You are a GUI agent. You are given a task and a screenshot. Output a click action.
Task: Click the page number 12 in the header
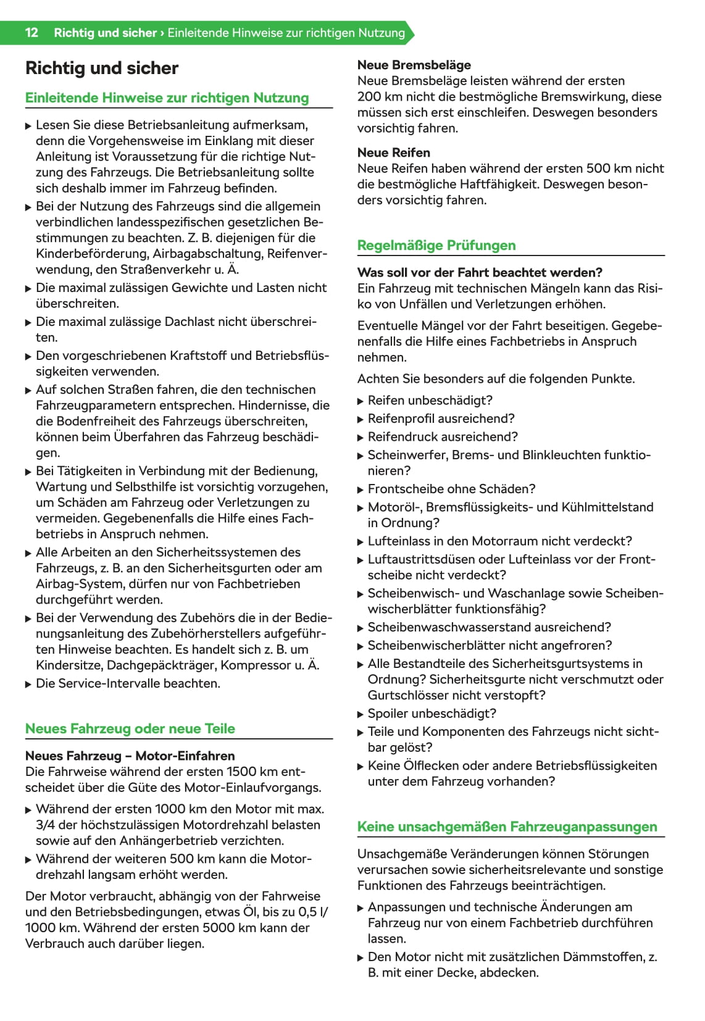(31, 33)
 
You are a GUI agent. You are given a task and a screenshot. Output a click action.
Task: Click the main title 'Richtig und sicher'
(102, 69)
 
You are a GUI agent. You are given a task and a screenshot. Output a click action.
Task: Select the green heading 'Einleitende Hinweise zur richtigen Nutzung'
(167, 98)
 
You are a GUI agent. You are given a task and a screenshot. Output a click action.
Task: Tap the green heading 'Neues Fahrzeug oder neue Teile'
(130, 728)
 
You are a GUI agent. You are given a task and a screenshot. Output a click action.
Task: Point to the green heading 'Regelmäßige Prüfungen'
(436, 245)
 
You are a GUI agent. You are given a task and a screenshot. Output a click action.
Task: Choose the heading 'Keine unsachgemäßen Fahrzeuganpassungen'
(507, 827)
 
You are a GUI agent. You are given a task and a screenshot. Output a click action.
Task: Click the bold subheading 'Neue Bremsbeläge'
(414, 65)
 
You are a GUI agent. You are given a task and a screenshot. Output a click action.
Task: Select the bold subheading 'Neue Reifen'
(394, 152)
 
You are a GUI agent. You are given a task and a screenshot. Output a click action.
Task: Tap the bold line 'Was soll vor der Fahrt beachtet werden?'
(480, 272)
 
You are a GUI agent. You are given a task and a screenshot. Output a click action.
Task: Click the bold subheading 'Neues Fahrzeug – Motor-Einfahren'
(130, 756)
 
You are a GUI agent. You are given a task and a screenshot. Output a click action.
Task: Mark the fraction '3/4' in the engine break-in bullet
(46, 825)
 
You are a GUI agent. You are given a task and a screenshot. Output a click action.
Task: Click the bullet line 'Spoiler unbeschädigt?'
(432, 714)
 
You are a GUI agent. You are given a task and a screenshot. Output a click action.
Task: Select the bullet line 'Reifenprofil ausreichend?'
(441, 419)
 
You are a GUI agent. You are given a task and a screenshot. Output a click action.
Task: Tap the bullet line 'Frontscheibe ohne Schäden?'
(452, 489)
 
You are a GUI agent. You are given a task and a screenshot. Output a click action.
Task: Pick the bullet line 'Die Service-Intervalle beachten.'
(128, 683)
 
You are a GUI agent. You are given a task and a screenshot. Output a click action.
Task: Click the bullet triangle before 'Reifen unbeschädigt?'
(361, 401)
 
